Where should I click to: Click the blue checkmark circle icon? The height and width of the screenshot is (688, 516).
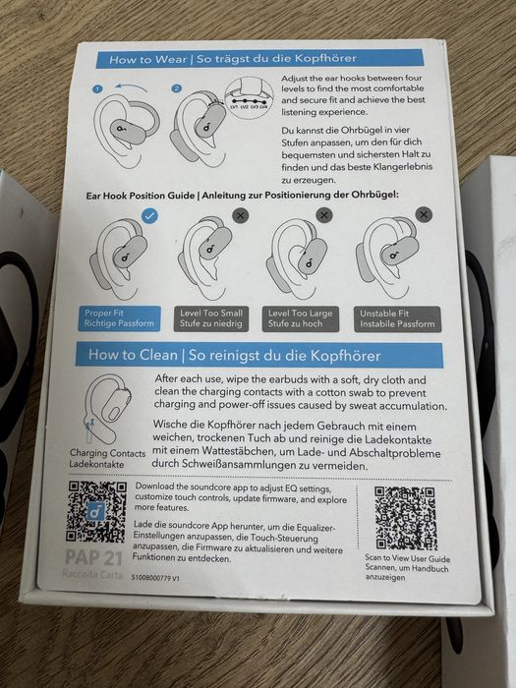[x=149, y=213]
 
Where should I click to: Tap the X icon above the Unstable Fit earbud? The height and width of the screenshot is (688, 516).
[x=424, y=212]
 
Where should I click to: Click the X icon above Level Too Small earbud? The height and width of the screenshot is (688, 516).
[x=241, y=213]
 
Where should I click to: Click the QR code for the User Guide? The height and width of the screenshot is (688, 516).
[x=405, y=517]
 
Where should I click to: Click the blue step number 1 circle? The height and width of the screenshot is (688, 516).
[x=98, y=88]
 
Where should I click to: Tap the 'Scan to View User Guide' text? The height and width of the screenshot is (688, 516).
[x=404, y=566]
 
